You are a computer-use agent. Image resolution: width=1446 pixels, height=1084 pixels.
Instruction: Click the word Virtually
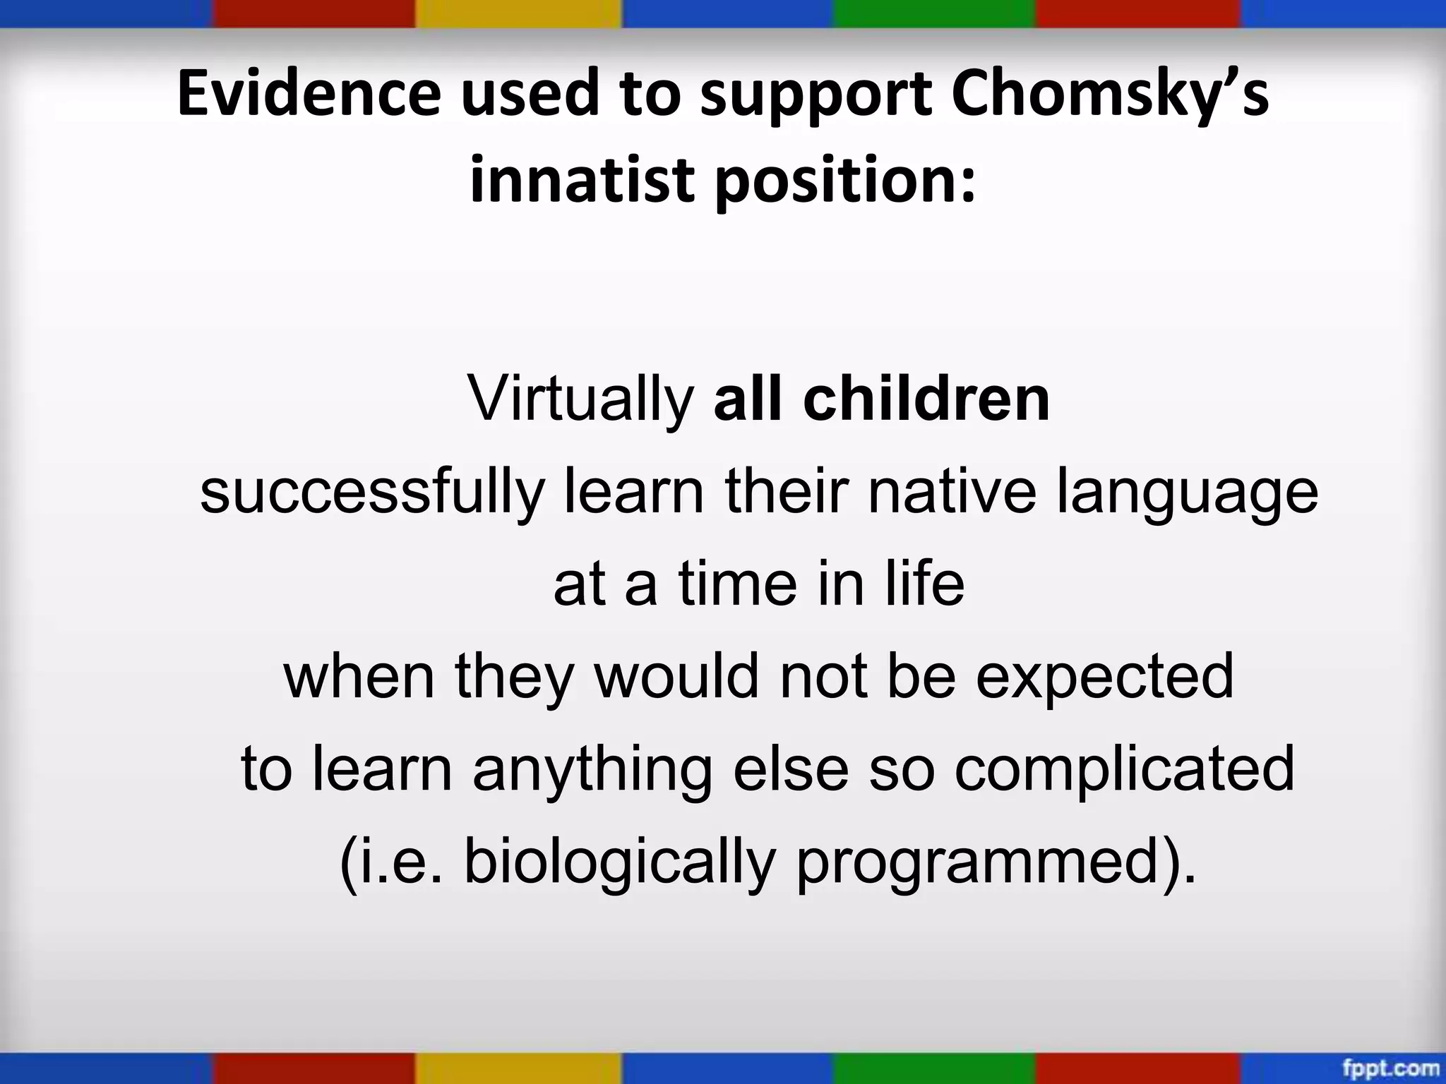point(581,400)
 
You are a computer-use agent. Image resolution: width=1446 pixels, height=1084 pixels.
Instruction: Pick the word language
point(1187,493)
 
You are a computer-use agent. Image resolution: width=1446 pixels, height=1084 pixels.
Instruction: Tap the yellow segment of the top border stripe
point(519,13)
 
